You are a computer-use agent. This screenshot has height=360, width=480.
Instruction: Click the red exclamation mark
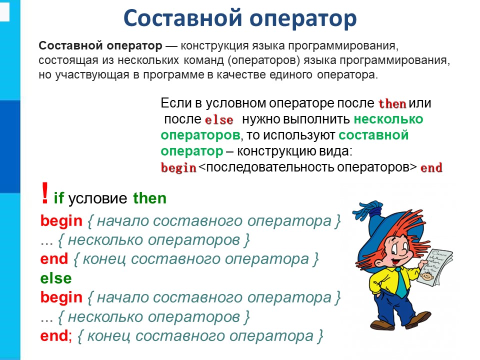pos(45,193)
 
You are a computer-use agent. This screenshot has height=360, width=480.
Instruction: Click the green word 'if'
pos(59,198)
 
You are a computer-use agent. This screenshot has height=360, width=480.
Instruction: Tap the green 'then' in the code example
pos(149,198)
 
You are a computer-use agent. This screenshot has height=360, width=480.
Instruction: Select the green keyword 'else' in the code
pos(56,278)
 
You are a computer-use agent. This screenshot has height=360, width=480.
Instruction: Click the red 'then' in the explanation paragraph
pos(392,104)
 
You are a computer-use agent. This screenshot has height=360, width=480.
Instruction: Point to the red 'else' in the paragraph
pos(219,119)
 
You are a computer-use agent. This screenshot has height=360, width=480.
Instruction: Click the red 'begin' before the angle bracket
pos(178,168)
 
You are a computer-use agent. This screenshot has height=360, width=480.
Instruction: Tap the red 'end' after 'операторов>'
pos(431,168)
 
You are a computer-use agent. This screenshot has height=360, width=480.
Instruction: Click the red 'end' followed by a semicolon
pos(54,335)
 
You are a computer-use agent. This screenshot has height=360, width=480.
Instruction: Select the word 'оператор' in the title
pos(303,18)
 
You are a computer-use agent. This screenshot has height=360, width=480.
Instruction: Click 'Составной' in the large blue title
pos(183,18)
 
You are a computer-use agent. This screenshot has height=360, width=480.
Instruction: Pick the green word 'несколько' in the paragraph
pos(388,119)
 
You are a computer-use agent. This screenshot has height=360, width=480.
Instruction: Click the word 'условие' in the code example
pos(97,198)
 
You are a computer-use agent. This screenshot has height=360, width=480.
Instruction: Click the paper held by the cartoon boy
pos(435,267)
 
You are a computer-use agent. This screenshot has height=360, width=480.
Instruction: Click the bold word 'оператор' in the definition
pos(134,46)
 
